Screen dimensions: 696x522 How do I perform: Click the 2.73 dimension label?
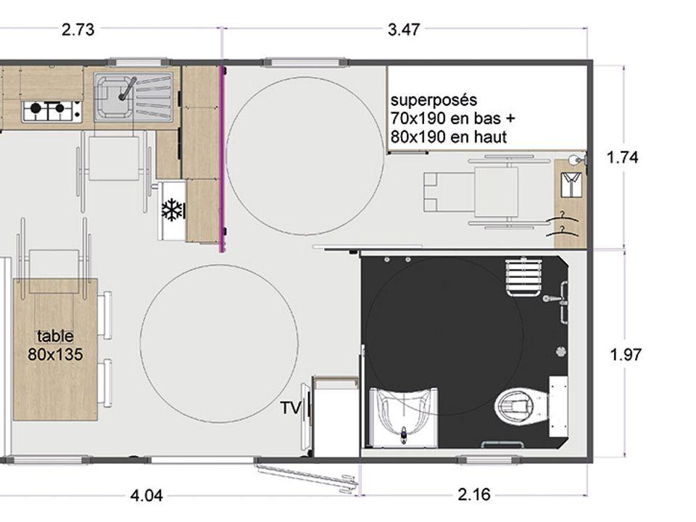(x=78, y=29)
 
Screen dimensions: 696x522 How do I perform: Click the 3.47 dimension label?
(x=404, y=29)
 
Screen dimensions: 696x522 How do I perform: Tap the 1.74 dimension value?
(x=622, y=157)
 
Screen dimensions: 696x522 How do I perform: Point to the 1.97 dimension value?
(x=626, y=355)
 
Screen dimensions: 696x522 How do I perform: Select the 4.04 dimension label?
(x=146, y=495)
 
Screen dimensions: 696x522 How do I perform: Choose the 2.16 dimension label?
(x=474, y=494)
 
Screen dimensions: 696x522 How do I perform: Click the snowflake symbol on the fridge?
(x=172, y=210)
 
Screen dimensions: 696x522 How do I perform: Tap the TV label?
(x=291, y=407)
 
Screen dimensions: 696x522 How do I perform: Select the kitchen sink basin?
(x=113, y=97)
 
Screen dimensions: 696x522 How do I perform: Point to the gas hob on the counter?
(x=52, y=111)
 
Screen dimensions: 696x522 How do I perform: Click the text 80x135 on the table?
(x=55, y=355)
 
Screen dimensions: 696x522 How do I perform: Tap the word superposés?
(x=434, y=100)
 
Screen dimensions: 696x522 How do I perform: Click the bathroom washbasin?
(x=404, y=416)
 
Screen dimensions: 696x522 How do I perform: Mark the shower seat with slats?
(x=523, y=278)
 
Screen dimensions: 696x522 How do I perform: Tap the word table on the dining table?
(x=55, y=336)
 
